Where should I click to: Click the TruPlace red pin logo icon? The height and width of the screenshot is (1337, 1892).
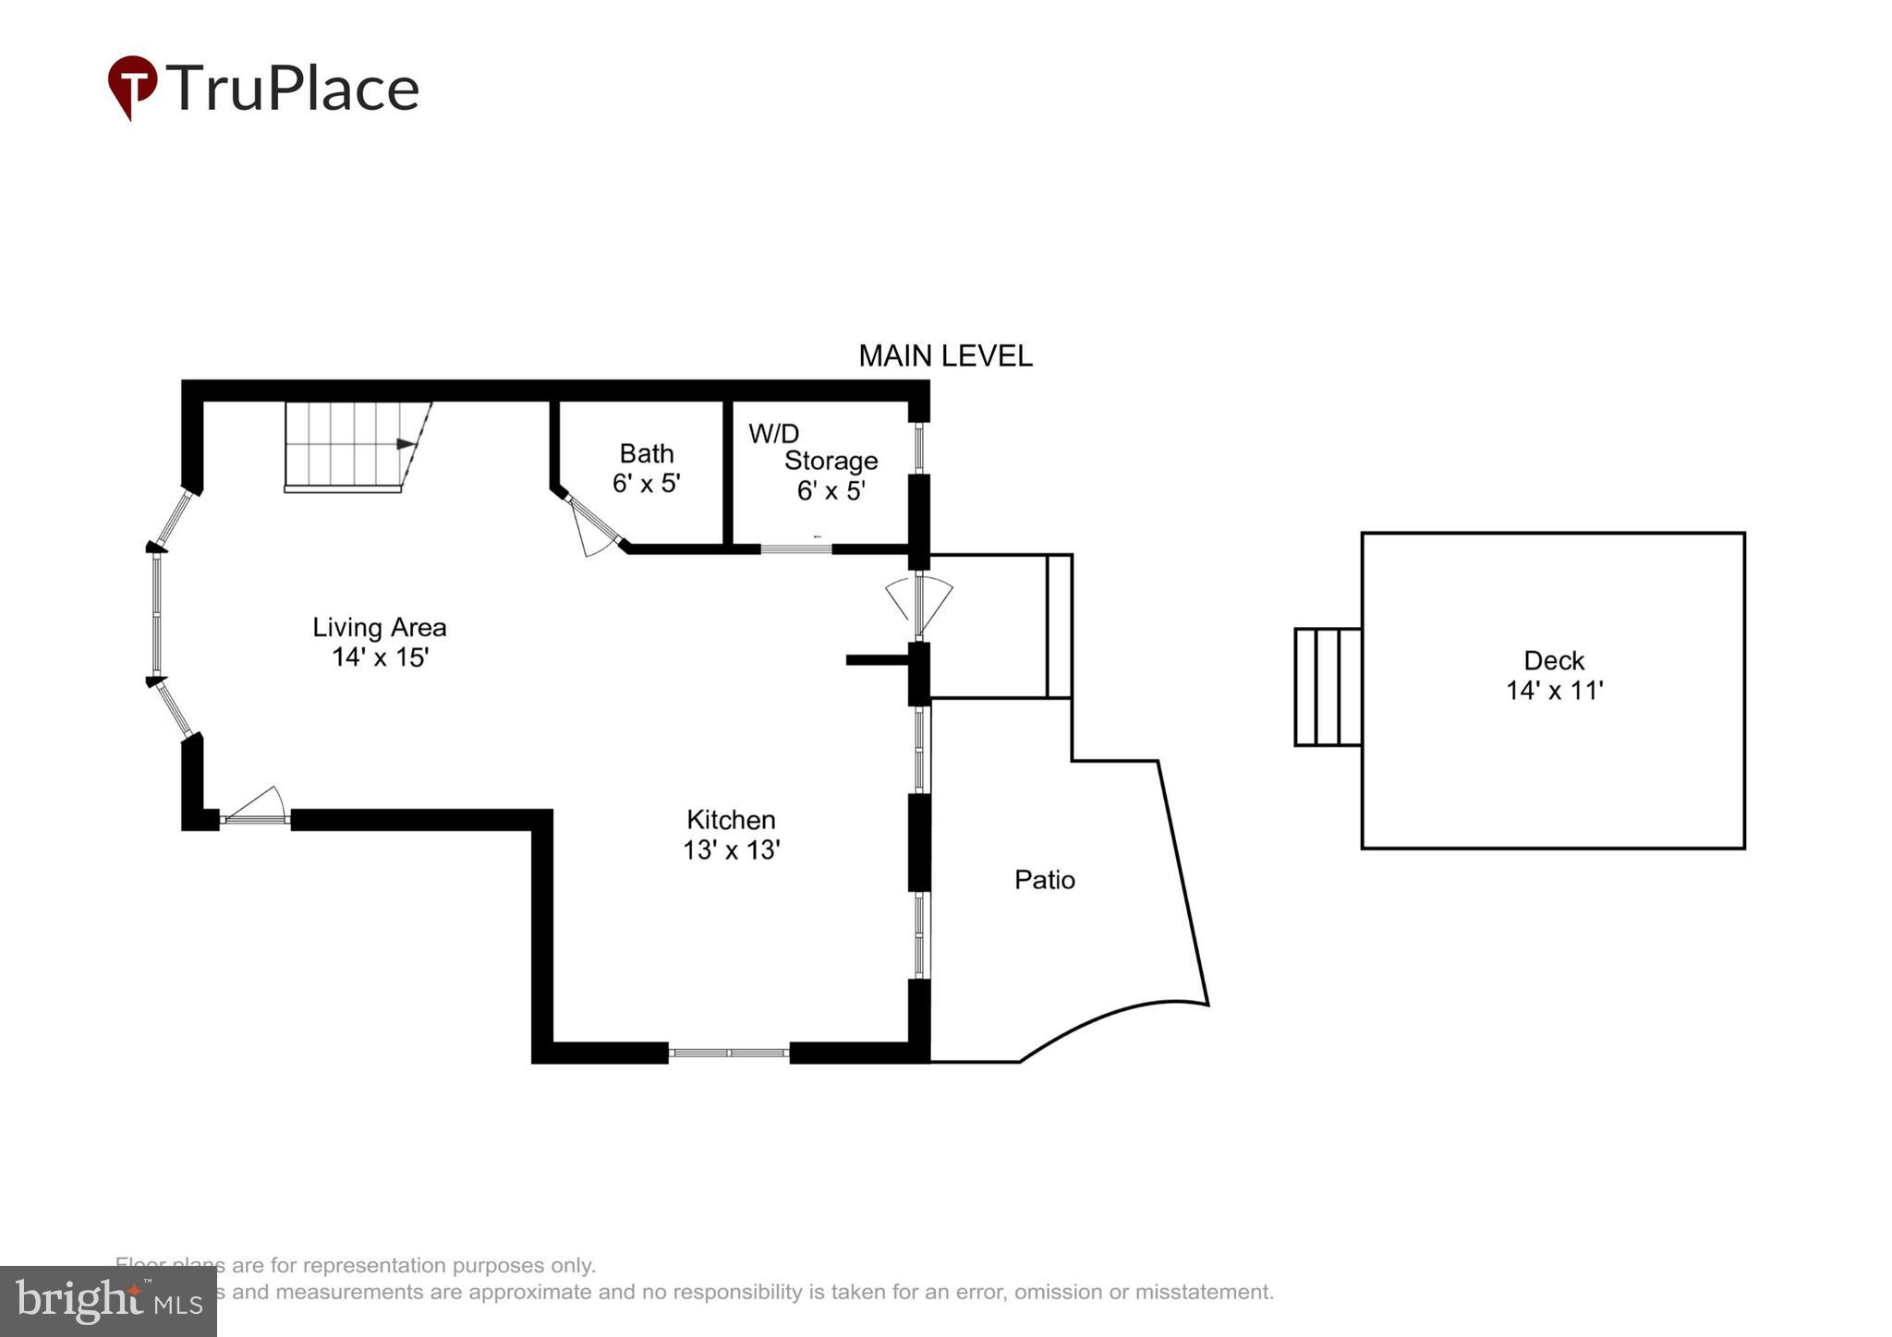[132, 86]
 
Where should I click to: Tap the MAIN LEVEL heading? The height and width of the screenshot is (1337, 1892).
[945, 356]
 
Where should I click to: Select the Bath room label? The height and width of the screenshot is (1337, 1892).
[646, 453]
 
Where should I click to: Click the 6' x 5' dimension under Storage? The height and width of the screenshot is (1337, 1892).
[830, 491]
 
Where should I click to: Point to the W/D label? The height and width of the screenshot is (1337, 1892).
[773, 433]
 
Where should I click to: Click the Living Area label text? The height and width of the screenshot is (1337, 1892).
[379, 628]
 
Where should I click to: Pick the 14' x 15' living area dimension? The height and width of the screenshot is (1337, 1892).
[380, 657]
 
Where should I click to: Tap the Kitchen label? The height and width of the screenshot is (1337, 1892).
[730, 820]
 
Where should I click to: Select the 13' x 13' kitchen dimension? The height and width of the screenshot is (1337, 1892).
[731, 849]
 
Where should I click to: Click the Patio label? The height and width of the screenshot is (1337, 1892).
[1044, 880]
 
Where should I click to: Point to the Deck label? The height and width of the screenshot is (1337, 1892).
[1553, 661]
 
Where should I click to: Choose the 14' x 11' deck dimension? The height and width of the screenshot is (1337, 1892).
[1554, 691]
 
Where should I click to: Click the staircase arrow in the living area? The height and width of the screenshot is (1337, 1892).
[406, 444]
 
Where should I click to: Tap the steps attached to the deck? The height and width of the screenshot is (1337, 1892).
[1327, 686]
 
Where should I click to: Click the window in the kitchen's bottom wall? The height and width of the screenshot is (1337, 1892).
[728, 1053]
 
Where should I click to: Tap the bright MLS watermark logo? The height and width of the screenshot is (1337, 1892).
[108, 1300]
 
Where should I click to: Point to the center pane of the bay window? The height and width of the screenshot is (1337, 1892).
[157, 614]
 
